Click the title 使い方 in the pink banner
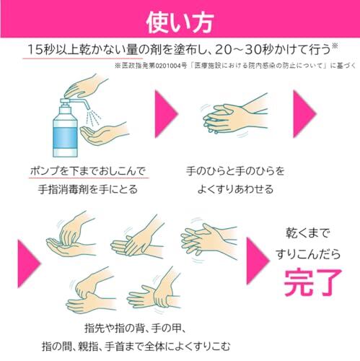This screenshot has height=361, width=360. [180, 22]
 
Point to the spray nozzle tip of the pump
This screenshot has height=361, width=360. [87, 107]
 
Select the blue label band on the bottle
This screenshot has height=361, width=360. [65, 138]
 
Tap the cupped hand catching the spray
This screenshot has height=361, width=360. [102, 133]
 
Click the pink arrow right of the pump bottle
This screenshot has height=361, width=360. [166, 114]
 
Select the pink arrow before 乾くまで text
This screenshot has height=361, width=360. [258, 261]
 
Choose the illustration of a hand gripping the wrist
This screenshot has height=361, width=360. [154, 290]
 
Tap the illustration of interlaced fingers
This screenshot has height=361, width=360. [208, 240]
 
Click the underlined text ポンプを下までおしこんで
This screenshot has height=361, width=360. [88, 171]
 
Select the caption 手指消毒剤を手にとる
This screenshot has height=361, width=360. [88, 189]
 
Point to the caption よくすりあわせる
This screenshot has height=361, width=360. [235, 189]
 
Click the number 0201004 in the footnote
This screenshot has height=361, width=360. [168, 66]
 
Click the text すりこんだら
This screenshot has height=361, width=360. [308, 255]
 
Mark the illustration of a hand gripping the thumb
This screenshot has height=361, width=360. [92, 290]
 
